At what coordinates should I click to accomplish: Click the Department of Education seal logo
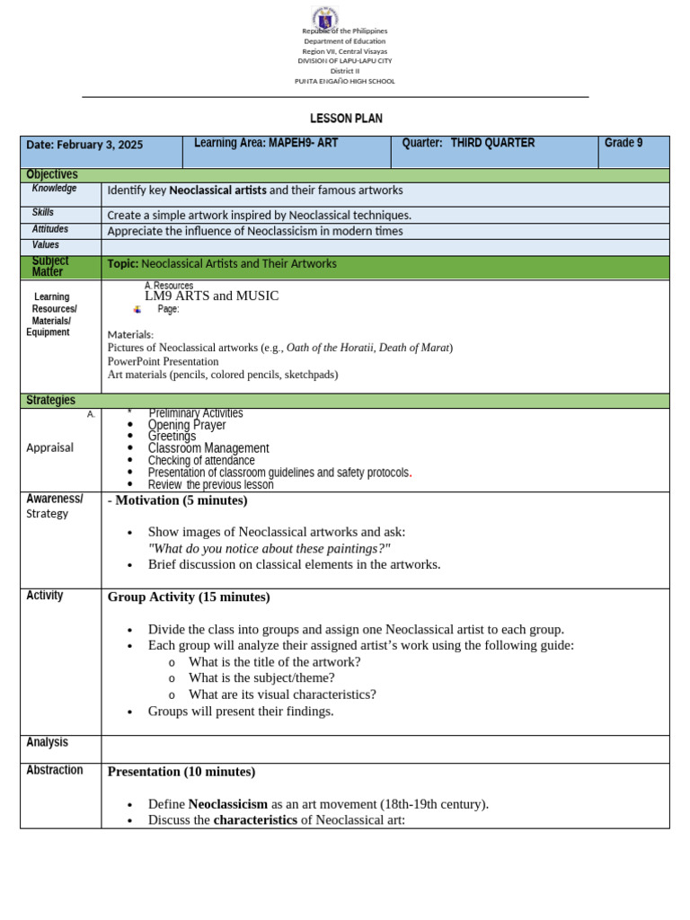324,17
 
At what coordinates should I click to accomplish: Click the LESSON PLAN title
346,119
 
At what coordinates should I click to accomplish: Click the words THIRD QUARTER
492,143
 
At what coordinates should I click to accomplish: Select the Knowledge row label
54,189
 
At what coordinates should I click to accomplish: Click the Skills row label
43,213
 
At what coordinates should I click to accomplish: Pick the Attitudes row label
50,229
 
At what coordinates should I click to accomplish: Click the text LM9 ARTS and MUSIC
212,296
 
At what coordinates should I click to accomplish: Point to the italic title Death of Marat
413,348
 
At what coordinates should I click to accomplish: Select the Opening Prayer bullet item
187,425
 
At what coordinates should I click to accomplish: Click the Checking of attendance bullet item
201,461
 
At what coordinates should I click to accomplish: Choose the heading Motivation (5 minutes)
181,500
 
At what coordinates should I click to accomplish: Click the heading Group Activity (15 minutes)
189,597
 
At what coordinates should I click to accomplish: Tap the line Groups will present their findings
241,712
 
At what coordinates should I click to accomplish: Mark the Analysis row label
47,743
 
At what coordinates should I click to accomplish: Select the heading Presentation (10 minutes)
181,772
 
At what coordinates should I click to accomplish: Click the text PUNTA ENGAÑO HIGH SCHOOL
345,81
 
